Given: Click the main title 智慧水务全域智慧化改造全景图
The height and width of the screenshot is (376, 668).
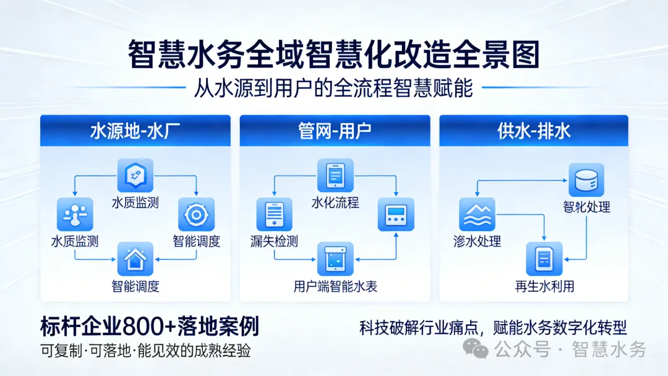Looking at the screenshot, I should [334, 55].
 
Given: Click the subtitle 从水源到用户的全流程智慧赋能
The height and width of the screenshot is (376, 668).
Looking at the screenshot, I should [333, 88].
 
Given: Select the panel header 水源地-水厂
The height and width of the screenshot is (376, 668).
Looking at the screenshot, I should [135, 131].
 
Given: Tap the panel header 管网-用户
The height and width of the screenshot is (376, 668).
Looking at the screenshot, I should [335, 131].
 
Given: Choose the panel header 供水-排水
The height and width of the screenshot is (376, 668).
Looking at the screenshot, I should [534, 131].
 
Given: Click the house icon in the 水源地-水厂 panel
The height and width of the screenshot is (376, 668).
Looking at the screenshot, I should [135, 259].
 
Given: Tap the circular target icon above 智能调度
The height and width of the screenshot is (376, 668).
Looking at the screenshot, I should [196, 214].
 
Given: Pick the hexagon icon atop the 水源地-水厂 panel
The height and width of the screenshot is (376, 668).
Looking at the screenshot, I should [135, 175].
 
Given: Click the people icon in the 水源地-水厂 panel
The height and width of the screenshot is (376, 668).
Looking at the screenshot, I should [75, 214].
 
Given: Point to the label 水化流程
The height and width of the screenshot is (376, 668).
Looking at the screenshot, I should [335, 203].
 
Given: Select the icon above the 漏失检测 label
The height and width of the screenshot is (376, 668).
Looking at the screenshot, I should [274, 214].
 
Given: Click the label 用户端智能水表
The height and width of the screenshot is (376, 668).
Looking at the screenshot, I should [335, 286].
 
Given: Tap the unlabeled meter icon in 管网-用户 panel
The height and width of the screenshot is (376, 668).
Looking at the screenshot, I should [396, 214].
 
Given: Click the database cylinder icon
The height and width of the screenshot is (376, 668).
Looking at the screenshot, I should [586, 180].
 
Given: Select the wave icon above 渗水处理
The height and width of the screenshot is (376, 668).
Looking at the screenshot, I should [477, 214].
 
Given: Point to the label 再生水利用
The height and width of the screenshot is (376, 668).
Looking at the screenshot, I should [544, 286].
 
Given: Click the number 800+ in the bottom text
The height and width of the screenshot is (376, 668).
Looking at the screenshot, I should [149, 326].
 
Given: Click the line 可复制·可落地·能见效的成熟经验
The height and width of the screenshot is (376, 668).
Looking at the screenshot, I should [145, 351].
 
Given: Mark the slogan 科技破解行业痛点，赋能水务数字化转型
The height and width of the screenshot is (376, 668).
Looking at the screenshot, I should [493, 327].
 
